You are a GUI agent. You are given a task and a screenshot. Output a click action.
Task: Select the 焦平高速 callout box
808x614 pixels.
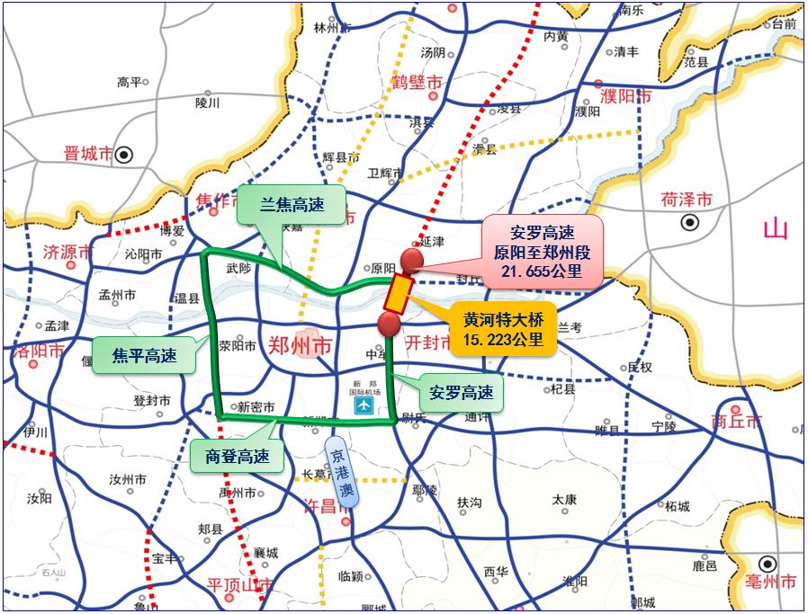pyautogui.click(x=144, y=355)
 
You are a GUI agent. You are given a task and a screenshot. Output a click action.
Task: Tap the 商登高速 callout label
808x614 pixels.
pyautogui.click(x=237, y=455)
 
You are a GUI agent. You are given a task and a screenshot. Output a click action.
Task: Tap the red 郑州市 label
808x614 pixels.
pyautogui.click(x=301, y=344)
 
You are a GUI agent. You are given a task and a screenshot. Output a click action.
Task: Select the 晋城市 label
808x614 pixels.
pyautogui.click(x=88, y=155)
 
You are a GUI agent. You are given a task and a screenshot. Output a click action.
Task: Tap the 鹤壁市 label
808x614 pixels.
pyautogui.click(x=417, y=83)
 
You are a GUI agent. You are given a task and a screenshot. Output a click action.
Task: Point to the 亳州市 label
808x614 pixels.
pyautogui.click(x=771, y=582)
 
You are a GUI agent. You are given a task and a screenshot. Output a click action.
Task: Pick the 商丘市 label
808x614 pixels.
pyautogui.click(x=736, y=421)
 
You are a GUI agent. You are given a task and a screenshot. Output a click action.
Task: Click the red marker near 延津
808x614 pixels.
pyautogui.click(x=412, y=260)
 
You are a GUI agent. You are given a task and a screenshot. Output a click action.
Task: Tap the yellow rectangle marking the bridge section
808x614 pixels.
pyautogui.click(x=399, y=293)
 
